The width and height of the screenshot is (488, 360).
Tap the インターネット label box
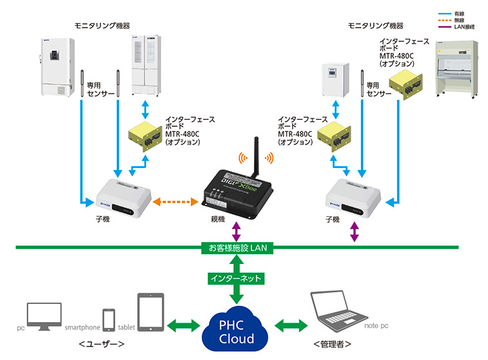point(235,279)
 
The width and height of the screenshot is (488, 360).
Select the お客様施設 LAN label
point(236,247)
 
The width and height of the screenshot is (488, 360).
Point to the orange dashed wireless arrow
point(176,202)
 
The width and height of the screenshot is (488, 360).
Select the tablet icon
point(151,313)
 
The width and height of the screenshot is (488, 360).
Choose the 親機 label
point(218,220)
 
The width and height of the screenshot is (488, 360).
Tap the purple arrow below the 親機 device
point(236,230)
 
